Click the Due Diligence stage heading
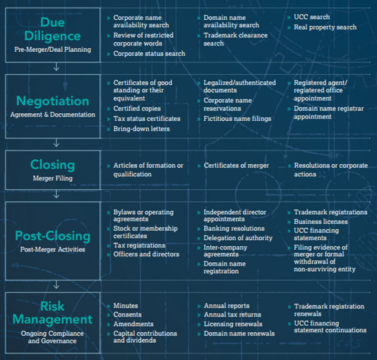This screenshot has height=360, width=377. pos(52,29)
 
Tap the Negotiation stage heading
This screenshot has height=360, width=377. pos(52,101)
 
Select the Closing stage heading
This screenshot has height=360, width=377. pos(52,165)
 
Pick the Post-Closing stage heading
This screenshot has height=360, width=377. pos(52,236)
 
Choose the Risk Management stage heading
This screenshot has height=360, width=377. pos(52,313)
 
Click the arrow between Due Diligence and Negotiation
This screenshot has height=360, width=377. pos(56,67)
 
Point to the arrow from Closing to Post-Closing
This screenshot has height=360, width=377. pos(56,194)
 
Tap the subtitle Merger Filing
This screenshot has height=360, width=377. pos(52,178)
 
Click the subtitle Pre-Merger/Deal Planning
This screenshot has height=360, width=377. pos(52,50)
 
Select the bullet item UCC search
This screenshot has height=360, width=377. pos(312,17)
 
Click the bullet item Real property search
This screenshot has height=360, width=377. pos(325,27)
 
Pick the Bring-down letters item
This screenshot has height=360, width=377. pos(141,129)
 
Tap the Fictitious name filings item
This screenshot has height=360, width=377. pos(237,119)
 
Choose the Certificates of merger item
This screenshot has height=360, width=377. pos(236,166)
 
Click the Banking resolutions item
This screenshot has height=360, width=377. pos(234,228)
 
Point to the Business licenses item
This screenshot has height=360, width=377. pos(321,221)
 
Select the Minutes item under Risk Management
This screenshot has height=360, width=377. pos(125,306)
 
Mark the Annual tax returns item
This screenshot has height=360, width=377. pos(232,315)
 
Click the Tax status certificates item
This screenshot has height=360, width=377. pos(147,119)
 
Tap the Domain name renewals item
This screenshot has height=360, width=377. pos(239,334)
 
